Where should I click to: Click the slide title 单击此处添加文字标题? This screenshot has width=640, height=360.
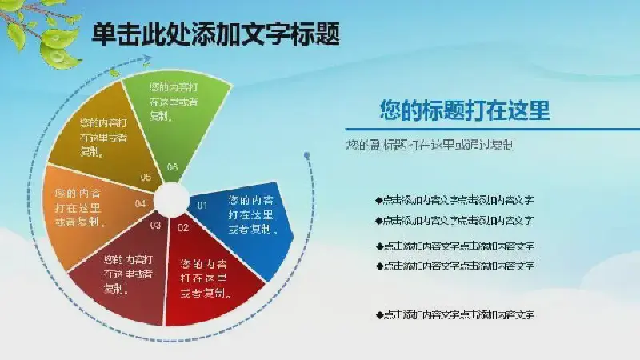pos(215,34)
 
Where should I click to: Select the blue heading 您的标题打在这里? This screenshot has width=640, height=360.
pos(465,110)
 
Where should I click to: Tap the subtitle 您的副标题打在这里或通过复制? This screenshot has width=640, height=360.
pos(430,145)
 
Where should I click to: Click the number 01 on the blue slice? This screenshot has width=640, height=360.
pos(202,206)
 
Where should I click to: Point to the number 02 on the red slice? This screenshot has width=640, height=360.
pos(183,228)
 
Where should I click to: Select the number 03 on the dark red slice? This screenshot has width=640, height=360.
pos(155,226)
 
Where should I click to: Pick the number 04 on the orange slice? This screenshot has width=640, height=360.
pos(141,204)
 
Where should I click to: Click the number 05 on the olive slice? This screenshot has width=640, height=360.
pos(146,177)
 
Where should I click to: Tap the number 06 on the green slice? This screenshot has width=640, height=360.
pos(173,167)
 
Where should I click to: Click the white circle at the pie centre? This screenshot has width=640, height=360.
pos(172,199)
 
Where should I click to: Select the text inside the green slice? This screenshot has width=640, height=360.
pos(174,102)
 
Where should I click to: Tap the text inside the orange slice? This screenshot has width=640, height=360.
pos(80,208)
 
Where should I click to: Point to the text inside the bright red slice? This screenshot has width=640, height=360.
pos(206,278)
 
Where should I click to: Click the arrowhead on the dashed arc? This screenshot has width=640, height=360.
pos(146,59)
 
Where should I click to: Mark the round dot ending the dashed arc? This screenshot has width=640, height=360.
pos(307,155)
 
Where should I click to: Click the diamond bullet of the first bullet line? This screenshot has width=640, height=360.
pos(379,201)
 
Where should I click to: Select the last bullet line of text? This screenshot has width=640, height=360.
pos(455,314)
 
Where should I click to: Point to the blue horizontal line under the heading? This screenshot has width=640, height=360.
pos(492,130)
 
